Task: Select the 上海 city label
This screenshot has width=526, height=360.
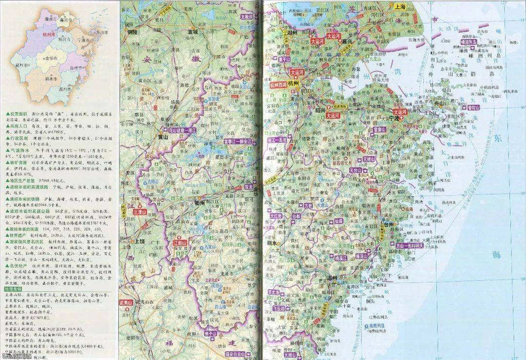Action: click(x=400, y=7)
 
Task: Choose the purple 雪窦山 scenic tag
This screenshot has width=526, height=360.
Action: click(x=378, y=130)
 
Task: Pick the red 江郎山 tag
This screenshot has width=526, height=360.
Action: click(x=180, y=242)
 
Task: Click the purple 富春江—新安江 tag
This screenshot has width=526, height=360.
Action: click(x=238, y=142)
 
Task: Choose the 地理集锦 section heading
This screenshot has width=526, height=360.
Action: click(x=13, y=289)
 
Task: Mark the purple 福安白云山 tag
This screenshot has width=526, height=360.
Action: click(x=237, y=354)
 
